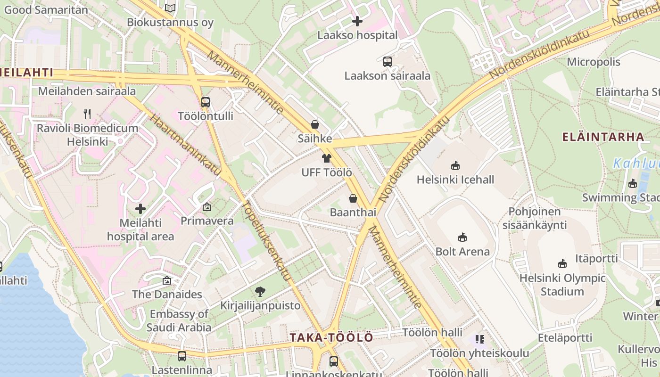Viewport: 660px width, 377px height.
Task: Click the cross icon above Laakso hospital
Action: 357,21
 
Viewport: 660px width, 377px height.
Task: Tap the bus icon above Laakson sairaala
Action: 388,61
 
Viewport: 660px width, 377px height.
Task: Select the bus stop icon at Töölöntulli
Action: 206,102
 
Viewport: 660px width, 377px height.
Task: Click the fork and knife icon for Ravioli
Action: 87,114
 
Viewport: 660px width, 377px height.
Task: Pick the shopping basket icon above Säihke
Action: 314,124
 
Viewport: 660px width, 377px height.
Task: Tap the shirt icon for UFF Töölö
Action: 326,158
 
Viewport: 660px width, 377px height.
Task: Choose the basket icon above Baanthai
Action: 353,198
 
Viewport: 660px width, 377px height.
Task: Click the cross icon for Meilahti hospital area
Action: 140,208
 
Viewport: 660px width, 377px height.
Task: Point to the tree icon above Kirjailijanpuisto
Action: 260,292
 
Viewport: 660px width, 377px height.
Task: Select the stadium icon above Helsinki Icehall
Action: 455,165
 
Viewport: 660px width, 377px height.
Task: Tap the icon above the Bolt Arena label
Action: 462,237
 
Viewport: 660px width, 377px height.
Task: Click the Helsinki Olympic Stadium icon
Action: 562,264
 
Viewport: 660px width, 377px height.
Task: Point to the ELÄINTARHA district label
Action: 603,137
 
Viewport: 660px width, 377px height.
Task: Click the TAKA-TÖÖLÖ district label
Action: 331,337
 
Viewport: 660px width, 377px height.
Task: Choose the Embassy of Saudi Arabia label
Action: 179,320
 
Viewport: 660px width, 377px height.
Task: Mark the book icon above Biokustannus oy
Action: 170,8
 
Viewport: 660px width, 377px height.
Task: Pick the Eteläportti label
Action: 565,337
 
